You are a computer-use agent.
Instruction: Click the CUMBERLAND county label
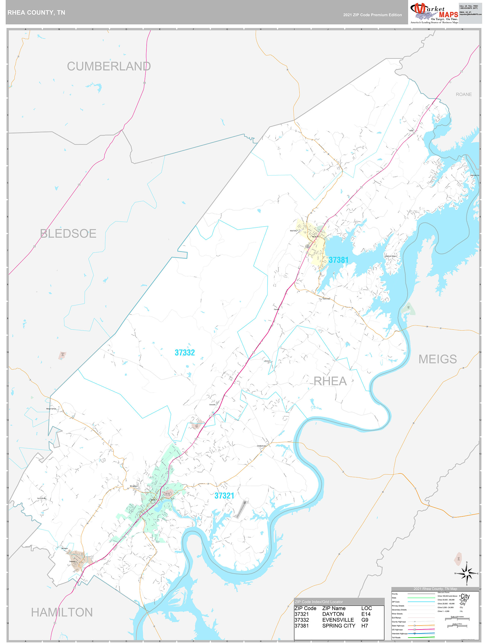109,66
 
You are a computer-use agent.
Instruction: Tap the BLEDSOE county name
68,233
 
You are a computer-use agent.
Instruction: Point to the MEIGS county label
437,359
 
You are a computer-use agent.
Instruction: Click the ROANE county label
463,94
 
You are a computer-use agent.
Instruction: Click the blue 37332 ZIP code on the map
185,353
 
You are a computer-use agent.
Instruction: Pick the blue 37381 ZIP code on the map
338,260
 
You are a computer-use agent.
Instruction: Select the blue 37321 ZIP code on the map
224,496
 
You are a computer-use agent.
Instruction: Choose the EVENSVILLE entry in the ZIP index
338,620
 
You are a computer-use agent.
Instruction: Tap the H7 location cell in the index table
365,625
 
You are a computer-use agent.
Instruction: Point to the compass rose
466,573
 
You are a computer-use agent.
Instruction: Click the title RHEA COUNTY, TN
36,13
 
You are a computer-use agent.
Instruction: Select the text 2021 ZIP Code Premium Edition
372,15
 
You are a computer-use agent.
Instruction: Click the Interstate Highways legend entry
399,633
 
